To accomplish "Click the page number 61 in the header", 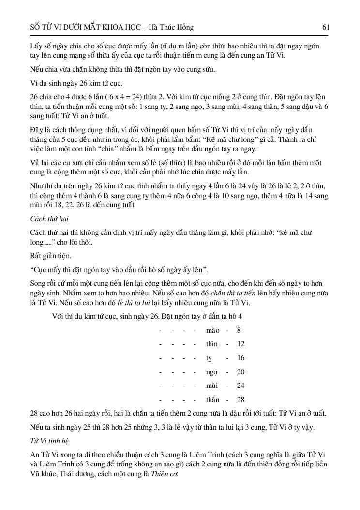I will [x=325, y=27].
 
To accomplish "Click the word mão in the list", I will [x=212, y=330].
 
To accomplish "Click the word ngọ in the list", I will [x=212, y=372].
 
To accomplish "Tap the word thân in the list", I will [x=212, y=400].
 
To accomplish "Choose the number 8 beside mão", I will [x=239, y=330].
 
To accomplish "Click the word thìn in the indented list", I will [x=212, y=344].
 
